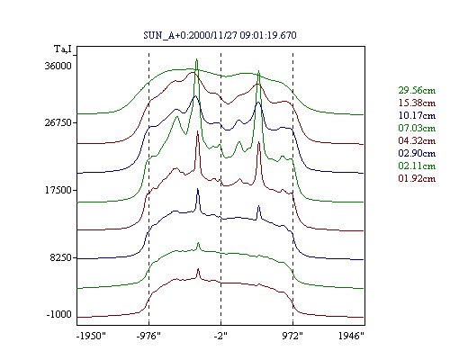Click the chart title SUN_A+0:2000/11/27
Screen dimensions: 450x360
[190, 35]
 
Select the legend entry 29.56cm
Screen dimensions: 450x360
[417, 90]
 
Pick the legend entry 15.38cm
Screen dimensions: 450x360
[417, 103]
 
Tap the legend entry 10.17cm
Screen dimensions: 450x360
[417, 115]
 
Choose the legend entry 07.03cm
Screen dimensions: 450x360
[417, 128]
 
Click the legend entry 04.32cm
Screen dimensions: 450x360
[417, 140]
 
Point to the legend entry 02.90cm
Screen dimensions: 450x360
[417, 153]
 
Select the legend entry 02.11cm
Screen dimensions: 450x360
[417, 166]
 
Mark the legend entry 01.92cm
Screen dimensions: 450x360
[417, 178]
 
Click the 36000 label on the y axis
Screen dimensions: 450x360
[58, 66]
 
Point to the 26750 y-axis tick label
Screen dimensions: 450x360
[58, 122]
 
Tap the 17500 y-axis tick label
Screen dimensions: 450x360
[58, 190]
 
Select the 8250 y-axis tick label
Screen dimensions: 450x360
[61, 257]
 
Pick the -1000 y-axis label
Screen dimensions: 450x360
[59, 314]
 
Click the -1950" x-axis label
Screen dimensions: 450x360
[92, 336]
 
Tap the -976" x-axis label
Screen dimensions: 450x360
[148, 336]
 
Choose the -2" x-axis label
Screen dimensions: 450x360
[220, 336]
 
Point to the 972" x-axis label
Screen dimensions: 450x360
[292, 336]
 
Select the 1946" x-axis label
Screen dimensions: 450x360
[351, 336]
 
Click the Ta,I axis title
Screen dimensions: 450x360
[63, 49]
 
